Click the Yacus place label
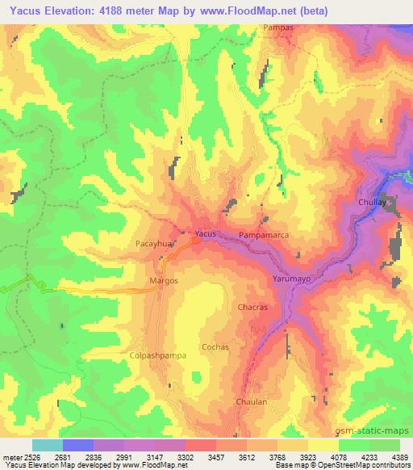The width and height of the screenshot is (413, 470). click(x=206, y=233)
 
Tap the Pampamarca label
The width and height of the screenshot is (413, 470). click(x=264, y=235)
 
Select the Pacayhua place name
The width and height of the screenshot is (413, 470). click(x=151, y=241)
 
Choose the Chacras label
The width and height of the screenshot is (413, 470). click(x=253, y=308)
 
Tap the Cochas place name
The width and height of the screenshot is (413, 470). click(x=215, y=346)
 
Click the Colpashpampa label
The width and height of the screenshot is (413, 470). click(x=152, y=355)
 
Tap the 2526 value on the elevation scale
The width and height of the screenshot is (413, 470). click(x=30, y=455)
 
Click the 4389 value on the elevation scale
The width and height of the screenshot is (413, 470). click(x=399, y=455)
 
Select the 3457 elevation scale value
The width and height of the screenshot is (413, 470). click(x=215, y=455)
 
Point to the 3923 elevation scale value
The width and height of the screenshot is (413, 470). click(x=307, y=455)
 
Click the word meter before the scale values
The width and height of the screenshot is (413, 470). click(x=11, y=455)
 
